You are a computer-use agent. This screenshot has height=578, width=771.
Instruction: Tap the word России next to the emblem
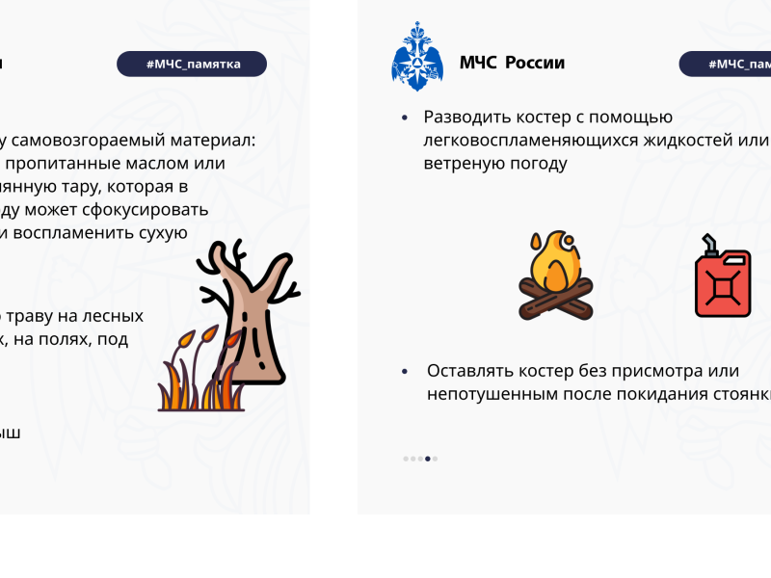533,64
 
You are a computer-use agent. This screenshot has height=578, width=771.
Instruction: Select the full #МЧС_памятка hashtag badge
192,64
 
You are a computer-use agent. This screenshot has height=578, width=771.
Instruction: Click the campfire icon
556,276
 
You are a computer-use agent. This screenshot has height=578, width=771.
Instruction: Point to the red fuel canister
723,280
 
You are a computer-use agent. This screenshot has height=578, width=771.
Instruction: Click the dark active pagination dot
429,459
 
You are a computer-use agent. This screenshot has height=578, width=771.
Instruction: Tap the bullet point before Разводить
405,118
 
